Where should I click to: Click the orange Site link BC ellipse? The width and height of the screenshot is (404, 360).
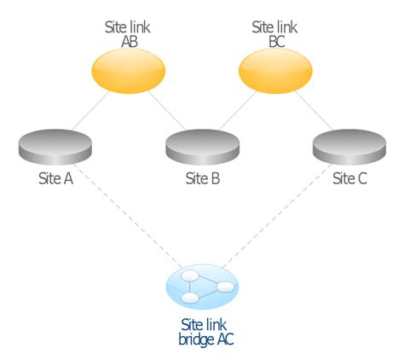(274, 71)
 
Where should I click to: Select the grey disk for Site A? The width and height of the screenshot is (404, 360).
(54, 146)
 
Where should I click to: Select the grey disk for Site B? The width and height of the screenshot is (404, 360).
(201, 146)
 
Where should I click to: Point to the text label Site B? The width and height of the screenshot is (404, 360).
(202, 178)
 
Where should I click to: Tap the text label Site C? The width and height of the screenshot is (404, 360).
(349, 178)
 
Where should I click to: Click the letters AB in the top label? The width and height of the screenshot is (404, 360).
(127, 40)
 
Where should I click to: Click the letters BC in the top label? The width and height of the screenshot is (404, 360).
(274, 40)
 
